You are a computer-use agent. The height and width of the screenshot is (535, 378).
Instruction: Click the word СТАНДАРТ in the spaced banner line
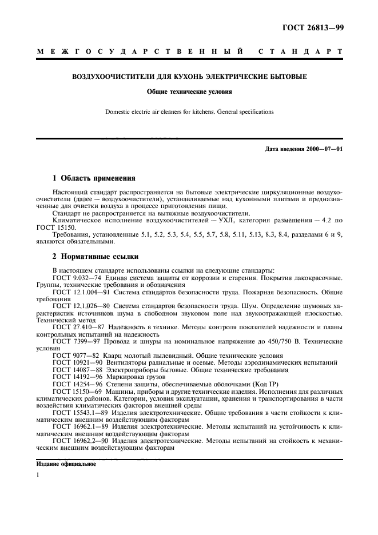[x=300, y=52]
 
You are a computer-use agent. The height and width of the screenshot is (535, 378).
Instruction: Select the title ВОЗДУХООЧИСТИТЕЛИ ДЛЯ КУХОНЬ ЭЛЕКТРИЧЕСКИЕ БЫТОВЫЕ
[x=189, y=76]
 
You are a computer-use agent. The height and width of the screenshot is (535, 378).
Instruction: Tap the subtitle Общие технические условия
[x=189, y=91]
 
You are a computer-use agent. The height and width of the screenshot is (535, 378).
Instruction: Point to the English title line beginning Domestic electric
[x=189, y=112]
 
